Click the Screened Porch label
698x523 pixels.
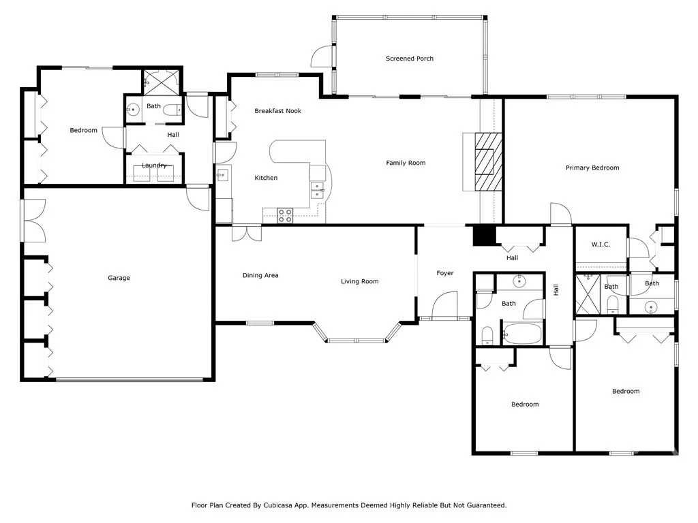tap(409, 59)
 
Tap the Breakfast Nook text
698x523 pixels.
tap(277, 111)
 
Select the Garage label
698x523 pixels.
tap(119, 278)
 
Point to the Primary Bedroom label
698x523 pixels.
tap(592, 168)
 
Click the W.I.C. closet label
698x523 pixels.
tap(600, 244)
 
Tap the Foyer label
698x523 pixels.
tap(444, 273)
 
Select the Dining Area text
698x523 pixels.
tap(260, 276)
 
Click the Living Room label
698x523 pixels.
tap(359, 281)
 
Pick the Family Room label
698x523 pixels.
tap(406, 163)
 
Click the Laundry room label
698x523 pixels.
tap(154, 165)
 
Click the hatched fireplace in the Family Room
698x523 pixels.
tap(487, 163)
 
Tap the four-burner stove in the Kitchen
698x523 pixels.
tap(284, 216)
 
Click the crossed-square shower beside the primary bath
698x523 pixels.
tap(587, 294)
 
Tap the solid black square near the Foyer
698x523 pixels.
tap(483, 235)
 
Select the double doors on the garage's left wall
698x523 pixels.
tap(33, 220)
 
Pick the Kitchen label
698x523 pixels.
tap(266, 178)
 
